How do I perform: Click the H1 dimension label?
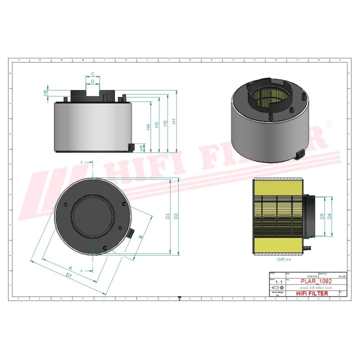tap(174, 121)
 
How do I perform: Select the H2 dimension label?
tap(165, 123)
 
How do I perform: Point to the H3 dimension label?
tap(157, 124)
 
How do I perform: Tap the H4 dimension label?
tap(148, 127)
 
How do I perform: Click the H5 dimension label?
tap(142, 147)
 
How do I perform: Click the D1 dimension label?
tap(69, 275)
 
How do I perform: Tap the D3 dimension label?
tap(167, 216)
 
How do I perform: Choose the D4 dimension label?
tap(329, 216)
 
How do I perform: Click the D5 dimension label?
tap(321, 216)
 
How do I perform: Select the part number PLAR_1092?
tap(315, 282)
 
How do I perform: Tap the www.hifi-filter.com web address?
tap(315, 288)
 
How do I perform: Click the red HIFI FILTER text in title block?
tap(312, 293)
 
